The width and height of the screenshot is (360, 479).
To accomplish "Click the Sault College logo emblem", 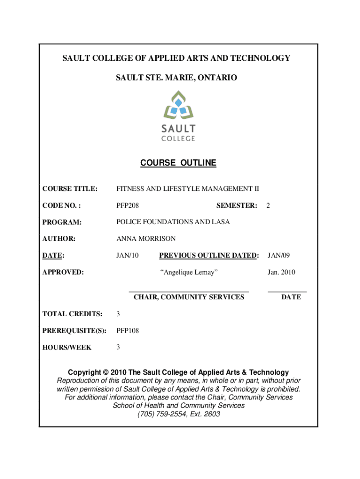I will [179, 106].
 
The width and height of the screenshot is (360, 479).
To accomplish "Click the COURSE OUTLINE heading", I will [179, 163].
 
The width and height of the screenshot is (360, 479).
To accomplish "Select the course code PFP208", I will [128, 205].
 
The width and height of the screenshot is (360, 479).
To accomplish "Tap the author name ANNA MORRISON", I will [146, 239].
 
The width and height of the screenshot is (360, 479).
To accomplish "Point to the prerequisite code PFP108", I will [128, 331].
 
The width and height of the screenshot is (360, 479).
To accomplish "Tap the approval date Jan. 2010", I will [281, 272].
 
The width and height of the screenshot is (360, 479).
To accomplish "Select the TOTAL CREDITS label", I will [72, 314].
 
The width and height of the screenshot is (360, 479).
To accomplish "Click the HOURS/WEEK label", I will [67, 348].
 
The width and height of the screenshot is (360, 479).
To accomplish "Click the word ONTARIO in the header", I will [217, 78].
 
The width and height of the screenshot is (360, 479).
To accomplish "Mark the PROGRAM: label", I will [62, 222].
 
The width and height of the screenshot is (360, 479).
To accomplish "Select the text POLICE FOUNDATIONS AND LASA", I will [173, 222].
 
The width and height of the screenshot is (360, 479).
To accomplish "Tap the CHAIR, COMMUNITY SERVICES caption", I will [189, 297].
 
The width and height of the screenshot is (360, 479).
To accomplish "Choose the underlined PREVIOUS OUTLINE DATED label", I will [209, 255].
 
